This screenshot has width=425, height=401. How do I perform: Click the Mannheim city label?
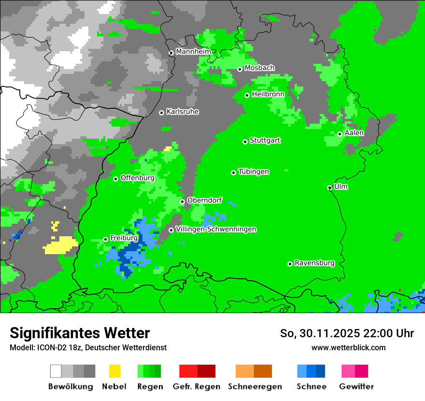click(193, 52)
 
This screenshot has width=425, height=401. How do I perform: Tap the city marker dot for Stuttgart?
click(245, 142)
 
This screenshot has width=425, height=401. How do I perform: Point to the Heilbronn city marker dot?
click(247, 95)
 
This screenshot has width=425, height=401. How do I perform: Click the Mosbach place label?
click(259, 68)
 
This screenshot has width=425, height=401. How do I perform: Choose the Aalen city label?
click(354, 133)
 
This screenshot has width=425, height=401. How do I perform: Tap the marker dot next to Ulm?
click(330, 187)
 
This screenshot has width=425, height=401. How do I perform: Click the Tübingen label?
click(254, 172)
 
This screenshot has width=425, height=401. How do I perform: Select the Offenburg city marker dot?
click(116, 179)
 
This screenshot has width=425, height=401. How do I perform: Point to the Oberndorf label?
click(204, 200)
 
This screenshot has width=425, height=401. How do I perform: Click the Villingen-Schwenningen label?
click(216, 229)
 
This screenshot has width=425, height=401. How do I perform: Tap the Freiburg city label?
click(124, 238)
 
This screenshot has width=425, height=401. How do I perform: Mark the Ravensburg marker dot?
click(290, 264)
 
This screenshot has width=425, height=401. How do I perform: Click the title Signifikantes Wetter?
click(80, 333)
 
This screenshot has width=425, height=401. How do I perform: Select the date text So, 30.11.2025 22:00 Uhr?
click(347, 333)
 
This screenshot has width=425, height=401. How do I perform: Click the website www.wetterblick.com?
click(348, 347)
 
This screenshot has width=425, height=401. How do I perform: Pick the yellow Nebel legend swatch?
click(114, 371)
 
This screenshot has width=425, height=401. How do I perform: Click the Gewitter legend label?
click(356, 387)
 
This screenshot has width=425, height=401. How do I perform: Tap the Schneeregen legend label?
click(255, 387)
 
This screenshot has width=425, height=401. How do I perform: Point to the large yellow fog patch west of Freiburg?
click(60, 245)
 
